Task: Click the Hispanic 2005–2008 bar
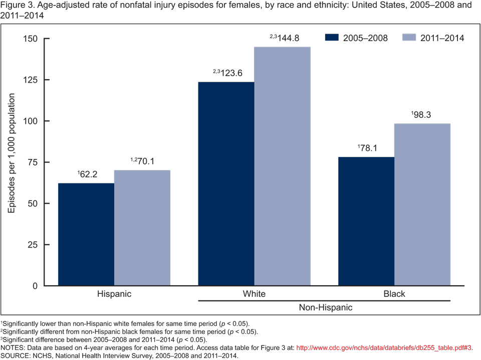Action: tap(86, 234)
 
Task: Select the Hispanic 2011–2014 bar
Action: tap(142, 228)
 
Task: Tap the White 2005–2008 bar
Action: tap(226, 184)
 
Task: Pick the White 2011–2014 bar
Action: tap(282, 166)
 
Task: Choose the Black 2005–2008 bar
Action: tap(366, 221)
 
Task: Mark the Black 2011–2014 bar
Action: tap(422, 205)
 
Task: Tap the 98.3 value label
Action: tap(422, 115)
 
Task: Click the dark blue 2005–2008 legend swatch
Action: tap(332, 38)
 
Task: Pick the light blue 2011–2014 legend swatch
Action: tap(409, 38)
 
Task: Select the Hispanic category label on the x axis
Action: tap(114, 294)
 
